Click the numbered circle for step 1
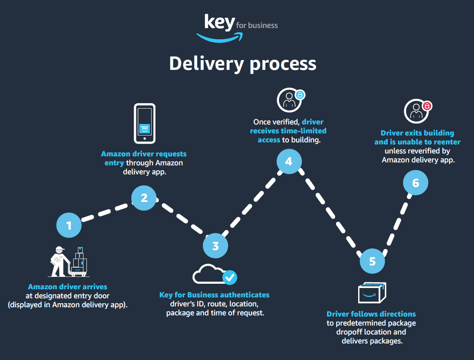pos(69,225)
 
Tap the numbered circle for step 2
pos(144,198)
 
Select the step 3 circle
pos(215,246)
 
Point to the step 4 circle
pos(289,161)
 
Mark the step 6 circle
pos(416,183)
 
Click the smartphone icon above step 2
pos(145,123)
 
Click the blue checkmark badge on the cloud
pos(230,277)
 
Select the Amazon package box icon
pos(372,293)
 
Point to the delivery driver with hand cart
pos(69,261)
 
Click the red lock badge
pos(427,106)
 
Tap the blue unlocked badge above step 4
pos(300,95)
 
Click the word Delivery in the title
pos(206,63)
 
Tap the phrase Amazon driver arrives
pos(68,287)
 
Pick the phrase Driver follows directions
pos(371,314)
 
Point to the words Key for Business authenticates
pos(214,295)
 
